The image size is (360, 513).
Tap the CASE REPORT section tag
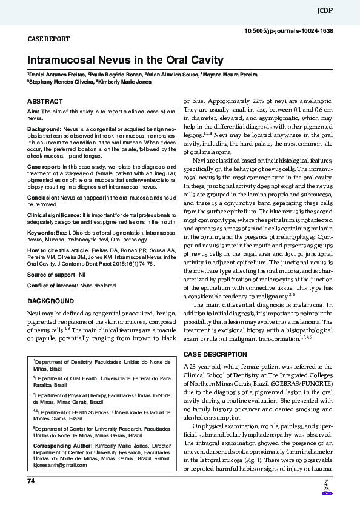point(49,39)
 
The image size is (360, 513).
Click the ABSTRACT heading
point(45,101)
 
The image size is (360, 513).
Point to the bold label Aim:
point(33,112)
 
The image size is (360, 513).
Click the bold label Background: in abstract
point(44,130)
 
